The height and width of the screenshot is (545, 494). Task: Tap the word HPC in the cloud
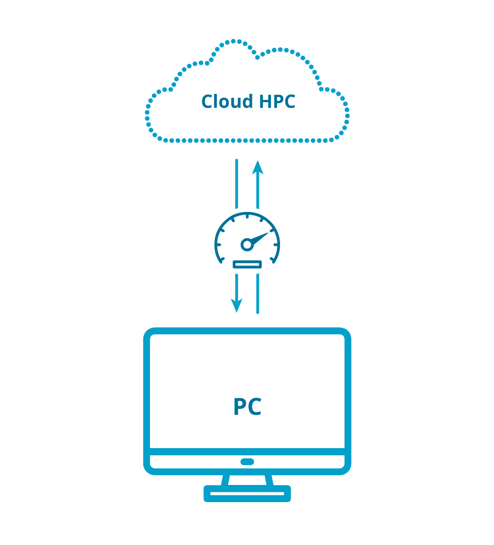tap(277, 101)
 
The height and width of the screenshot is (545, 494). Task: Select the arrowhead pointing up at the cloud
tap(258, 168)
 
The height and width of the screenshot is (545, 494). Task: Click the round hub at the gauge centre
tap(247, 245)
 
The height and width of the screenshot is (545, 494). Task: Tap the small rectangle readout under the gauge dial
tap(247, 264)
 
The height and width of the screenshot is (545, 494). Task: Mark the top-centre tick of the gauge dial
tap(247, 217)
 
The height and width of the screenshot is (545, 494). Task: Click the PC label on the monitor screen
tap(247, 407)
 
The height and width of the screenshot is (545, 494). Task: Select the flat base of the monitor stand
tap(247, 494)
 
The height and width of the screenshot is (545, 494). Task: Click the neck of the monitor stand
tap(247, 480)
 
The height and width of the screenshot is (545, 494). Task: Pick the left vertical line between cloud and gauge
tap(236, 184)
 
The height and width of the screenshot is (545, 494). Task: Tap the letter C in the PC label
tap(255, 407)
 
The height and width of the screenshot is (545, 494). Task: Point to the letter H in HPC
tap(265, 101)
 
